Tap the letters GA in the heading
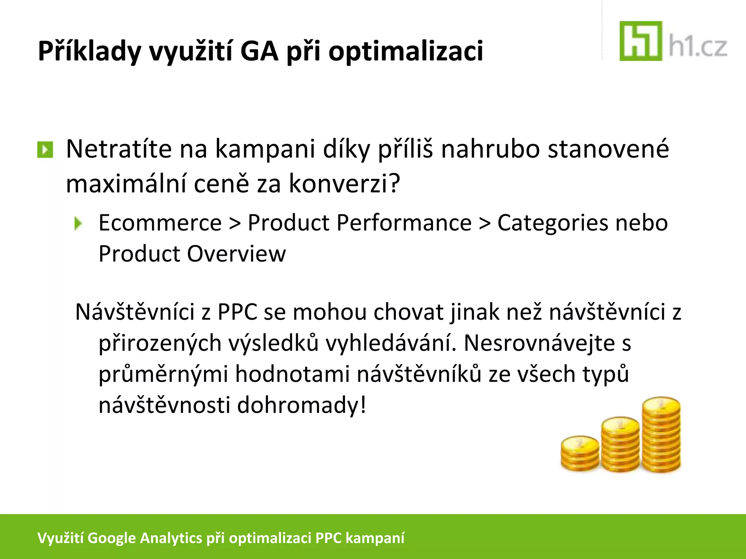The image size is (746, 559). tap(259, 51)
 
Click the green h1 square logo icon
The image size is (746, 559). tap(640, 41)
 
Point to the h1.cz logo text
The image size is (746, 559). tap(698, 47)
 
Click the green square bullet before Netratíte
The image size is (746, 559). tap(45, 150)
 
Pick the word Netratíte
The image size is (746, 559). tap(118, 149)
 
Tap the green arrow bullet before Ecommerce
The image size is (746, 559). tap(78, 223)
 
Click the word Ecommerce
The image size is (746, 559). tap(160, 223)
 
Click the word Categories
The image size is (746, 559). tap(552, 223)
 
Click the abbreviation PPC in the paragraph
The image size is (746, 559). tap(237, 312)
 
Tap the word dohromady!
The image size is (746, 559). tap(301, 405)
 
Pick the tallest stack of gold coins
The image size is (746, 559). tap(661, 435)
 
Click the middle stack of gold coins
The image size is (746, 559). tap(620, 445)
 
